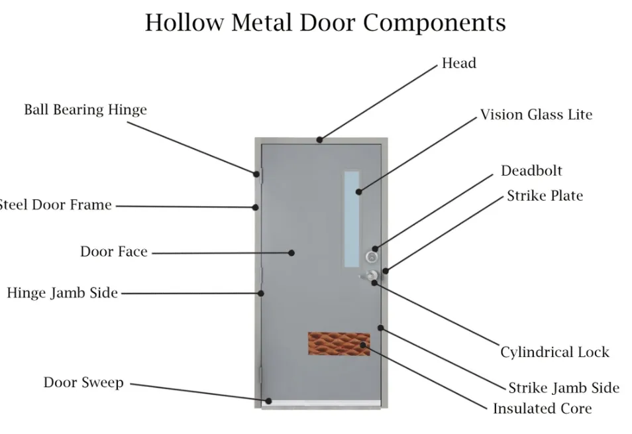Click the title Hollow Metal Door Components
click(x=325, y=23)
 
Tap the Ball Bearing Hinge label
click(x=85, y=109)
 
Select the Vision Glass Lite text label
click(x=536, y=115)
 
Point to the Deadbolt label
click(x=531, y=171)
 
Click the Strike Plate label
click(x=545, y=195)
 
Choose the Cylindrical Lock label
click(x=554, y=352)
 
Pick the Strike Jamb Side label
click(x=564, y=388)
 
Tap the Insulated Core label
click(x=542, y=409)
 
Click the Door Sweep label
click(x=83, y=382)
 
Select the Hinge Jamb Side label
click(x=62, y=293)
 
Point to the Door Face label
click(x=114, y=252)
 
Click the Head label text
click(x=459, y=64)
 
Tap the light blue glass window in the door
click(x=352, y=219)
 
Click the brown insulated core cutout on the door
click(x=339, y=345)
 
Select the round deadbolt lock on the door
click(x=373, y=256)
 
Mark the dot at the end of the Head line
click(x=319, y=140)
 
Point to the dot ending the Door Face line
click(x=291, y=252)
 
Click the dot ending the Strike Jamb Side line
click(x=381, y=327)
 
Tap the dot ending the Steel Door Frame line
click(x=255, y=207)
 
